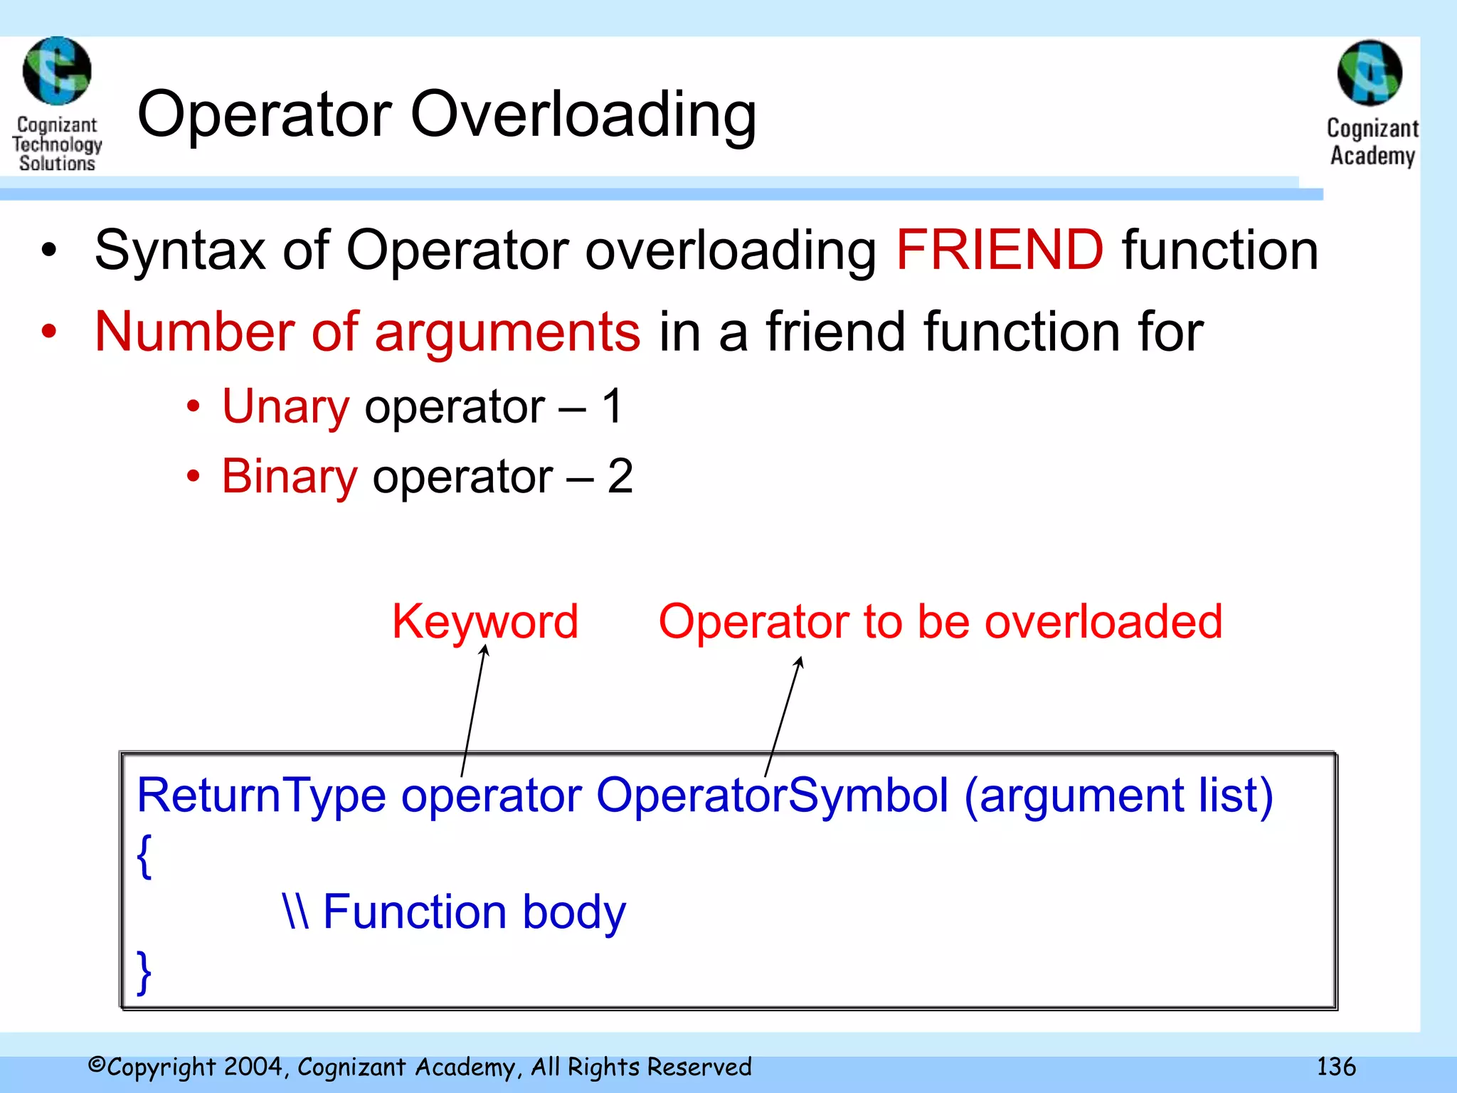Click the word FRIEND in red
click(x=1000, y=250)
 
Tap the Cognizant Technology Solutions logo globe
click(x=57, y=71)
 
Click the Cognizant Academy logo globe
click(x=1369, y=73)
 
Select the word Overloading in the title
click(x=583, y=115)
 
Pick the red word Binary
click(x=289, y=476)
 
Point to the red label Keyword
click(x=485, y=622)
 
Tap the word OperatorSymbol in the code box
click(x=772, y=795)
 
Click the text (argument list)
click(x=1118, y=795)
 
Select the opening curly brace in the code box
click(x=144, y=856)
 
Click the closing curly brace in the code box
click(x=144, y=971)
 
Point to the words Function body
click(x=474, y=912)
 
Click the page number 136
click(x=1335, y=1067)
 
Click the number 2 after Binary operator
click(x=620, y=476)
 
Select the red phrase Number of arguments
click(x=367, y=332)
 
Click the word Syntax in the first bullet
click(x=180, y=250)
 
